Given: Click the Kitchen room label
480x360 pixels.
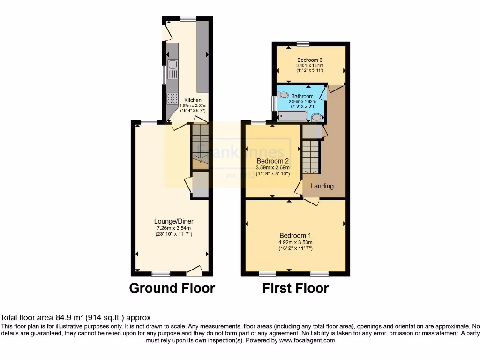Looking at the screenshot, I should coord(193,100).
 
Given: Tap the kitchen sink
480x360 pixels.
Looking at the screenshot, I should coord(172,69).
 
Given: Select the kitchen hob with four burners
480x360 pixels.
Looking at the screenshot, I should coord(172,98).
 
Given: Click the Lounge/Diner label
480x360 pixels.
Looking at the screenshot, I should coord(174,221).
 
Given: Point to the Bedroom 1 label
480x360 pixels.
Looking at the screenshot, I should coord(295,235).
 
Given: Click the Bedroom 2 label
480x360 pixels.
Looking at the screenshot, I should coord(272,161).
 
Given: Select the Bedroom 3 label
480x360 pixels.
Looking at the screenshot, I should coord(310,60).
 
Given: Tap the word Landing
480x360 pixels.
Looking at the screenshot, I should coord(322,186).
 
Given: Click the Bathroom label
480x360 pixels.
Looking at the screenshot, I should coord(302,96).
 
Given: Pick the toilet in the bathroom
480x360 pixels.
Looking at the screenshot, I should coord(283,95).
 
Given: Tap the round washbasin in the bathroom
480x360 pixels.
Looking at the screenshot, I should coord(317,117).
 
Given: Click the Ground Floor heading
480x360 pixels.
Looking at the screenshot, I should coord(172,288).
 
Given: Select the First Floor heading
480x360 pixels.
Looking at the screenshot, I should coord(295,288).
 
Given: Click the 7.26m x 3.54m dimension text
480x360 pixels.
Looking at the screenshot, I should coord(174,228).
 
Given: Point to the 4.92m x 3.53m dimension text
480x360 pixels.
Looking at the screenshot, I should coord(295,242).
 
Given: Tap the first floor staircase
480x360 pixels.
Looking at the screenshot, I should coord(310,157).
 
